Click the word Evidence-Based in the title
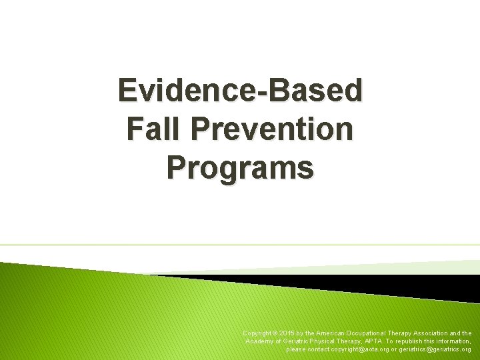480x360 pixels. click(240, 91)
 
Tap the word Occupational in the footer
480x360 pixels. click(366, 333)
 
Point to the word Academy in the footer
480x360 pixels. click(260, 341)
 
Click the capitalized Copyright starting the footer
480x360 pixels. click(256, 333)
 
